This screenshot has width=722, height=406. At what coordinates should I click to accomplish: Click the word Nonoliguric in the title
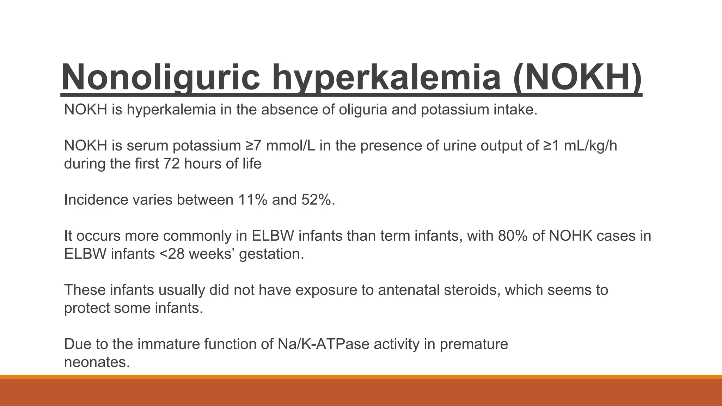pos(160,77)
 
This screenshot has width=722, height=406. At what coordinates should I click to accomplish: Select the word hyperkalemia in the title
pos(386,77)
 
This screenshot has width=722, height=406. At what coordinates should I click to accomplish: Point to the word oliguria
pos(363,110)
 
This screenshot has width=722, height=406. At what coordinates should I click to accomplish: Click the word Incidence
pos(96,200)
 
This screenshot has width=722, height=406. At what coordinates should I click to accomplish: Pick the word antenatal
pos(408,290)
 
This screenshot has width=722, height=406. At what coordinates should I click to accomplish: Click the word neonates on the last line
pos(97,362)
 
